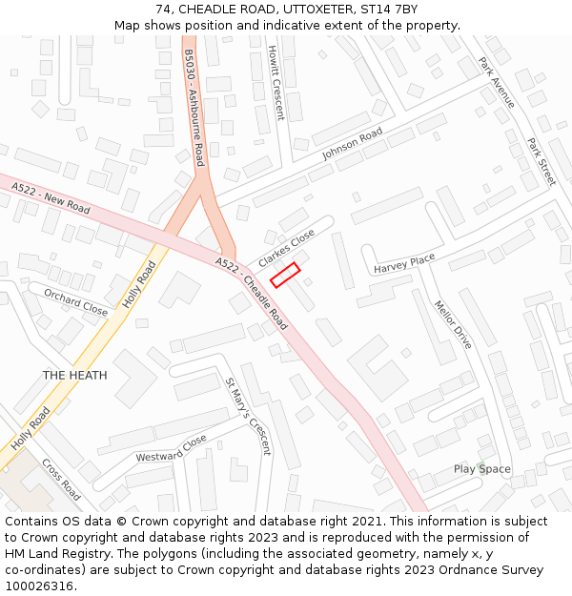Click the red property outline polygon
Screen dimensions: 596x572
[x=285, y=275]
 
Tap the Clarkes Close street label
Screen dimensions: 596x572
[x=286, y=247]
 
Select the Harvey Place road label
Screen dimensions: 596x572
[x=404, y=263]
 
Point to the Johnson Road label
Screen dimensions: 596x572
[x=352, y=143]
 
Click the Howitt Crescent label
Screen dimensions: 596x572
[x=276, y=83]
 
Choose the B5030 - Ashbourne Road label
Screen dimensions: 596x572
[x=194, y=108]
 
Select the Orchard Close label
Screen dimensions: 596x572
[x=75, y=301]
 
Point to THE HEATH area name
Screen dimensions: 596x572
[x=74, y=376]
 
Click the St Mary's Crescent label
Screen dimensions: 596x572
[x=248, y=416]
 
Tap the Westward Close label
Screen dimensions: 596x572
[x=171, y=449]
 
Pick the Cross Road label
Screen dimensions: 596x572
[x=61, y=480]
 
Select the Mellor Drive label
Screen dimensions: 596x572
[x=453, y=325]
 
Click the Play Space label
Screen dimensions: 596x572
[x=481, y=469]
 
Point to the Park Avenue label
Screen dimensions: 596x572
[x=498, y=84]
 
